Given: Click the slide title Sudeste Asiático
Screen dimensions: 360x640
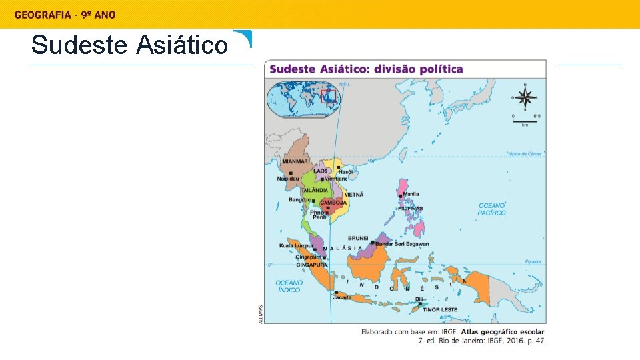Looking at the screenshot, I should tap(129, 45).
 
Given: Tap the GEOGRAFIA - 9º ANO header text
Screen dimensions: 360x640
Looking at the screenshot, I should tap(65, 15).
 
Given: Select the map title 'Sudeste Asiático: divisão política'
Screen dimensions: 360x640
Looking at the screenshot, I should tap(366, 69).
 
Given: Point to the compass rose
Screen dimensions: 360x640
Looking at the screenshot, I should tap(525, 98).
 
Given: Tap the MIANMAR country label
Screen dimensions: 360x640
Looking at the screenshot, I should tap(295, 161).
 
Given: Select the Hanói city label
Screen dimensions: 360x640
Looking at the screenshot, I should tap(345, 172).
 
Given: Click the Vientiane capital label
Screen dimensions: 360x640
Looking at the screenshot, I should tap(337, 179).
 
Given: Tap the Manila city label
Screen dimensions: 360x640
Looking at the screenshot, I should tap(411, 194).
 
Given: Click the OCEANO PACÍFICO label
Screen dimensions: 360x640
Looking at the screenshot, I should tap(492, 209).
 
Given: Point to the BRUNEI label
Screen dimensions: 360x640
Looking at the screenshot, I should tap(358, 238).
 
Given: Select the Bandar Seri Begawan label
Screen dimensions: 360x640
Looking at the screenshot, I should tap(402, 244).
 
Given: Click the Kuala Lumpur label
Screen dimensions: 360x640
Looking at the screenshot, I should tap(295, 245).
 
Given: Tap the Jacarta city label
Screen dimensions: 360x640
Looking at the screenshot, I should tap(342, 297).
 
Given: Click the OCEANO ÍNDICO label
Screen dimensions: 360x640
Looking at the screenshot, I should tap(289, 286).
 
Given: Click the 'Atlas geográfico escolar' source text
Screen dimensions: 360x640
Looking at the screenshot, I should tap(503, 331).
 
